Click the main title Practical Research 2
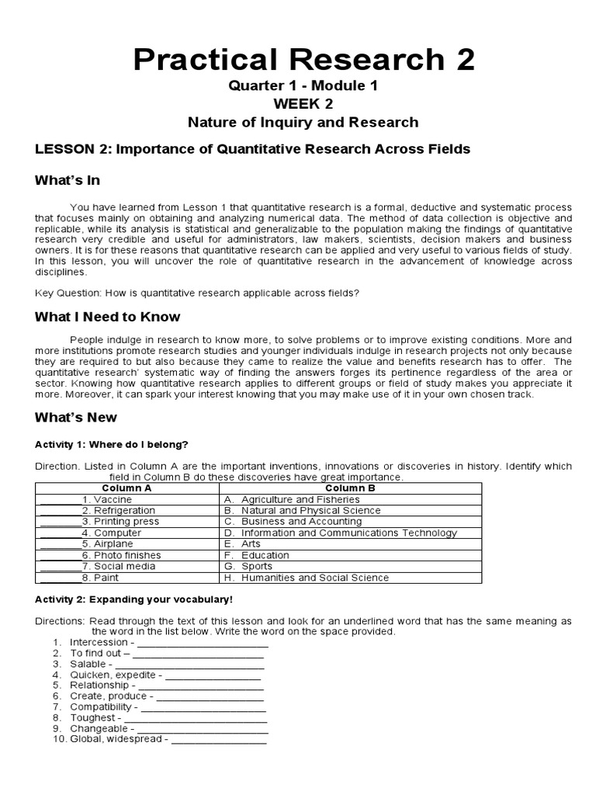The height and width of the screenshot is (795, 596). click(x=303, y=58)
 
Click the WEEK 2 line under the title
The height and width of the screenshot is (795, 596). click(x=303, y=104)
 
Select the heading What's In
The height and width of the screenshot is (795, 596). click(x=68, y=181)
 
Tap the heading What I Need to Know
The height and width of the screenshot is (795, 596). click(x=107, y=317)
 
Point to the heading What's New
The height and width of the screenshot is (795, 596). click(x=76, y=418)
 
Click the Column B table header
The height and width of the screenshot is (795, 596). click(x=350, y=488)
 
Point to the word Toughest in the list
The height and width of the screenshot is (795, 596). click(x=92, y=718)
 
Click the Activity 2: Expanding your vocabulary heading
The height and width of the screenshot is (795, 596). click(x=133, y=600)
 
